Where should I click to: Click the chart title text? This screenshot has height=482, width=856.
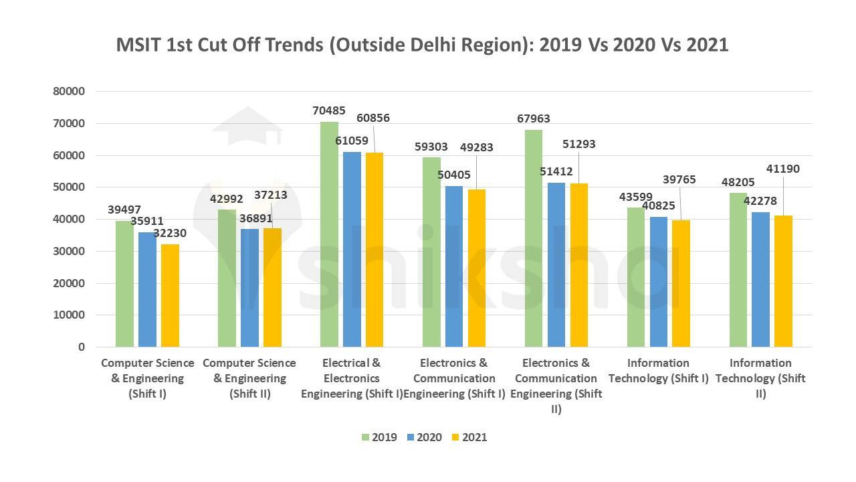coord(422,45)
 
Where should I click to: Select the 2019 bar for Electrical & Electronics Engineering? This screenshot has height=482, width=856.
coord(329,234)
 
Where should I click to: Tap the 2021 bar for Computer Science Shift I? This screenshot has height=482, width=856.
coord(170,295)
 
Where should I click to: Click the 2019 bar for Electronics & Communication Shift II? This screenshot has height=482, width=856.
coord(534,238)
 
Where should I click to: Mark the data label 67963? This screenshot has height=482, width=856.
coord(533,118)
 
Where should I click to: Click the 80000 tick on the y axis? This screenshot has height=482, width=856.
coord(70,92)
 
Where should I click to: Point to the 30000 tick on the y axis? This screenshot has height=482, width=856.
coord(70,251)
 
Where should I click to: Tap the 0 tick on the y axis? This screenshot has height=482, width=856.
coord(82,347)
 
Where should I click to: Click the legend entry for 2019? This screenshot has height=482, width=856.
coord(379,437)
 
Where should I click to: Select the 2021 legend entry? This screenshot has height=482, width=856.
coord(468,437)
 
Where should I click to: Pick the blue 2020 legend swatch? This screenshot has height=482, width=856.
coord(411,437)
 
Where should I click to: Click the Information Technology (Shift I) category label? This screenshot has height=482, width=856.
coord(658,370)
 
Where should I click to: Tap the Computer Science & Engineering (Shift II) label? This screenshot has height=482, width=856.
coord(249,378)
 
